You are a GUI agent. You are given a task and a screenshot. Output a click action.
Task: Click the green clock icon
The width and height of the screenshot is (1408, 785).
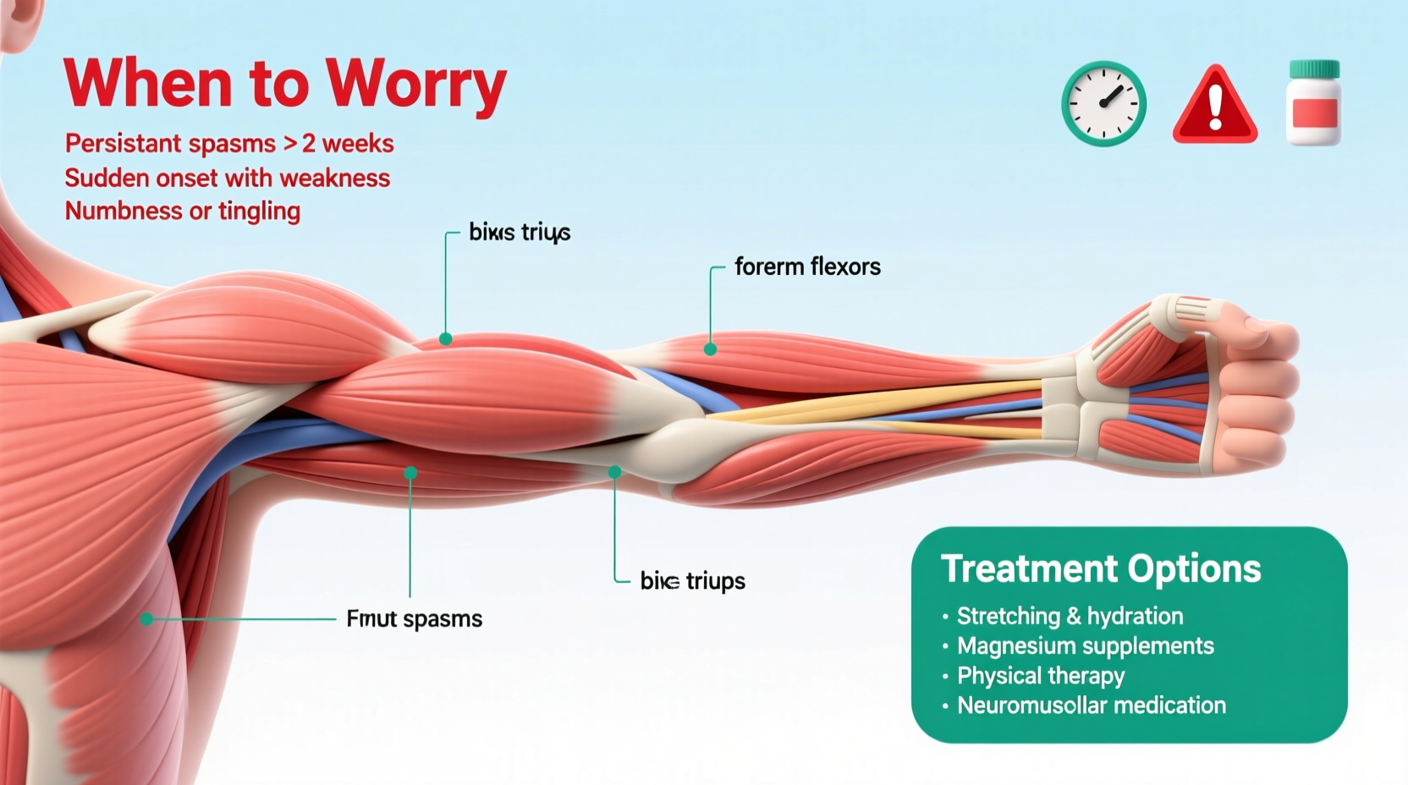(x=1103, y=103)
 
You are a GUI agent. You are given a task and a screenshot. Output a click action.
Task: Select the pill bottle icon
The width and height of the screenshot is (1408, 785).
(x=1313, y=103)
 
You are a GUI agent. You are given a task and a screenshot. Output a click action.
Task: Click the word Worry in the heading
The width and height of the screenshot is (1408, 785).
(x=415, y=85)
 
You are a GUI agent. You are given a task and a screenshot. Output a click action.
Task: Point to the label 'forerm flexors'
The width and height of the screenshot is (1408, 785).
(x=807, y=266)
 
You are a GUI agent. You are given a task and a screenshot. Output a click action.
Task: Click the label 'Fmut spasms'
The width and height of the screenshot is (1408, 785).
(x=414, y=619)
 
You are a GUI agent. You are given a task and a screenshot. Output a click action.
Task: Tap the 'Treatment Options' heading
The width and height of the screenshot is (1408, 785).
(x=1101, y=568)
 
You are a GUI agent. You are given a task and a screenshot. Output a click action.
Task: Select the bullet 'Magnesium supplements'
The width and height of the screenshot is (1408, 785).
(x=1085, y=646)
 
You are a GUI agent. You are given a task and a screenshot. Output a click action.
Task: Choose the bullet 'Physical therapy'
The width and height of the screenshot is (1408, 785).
(x=1041, y=676)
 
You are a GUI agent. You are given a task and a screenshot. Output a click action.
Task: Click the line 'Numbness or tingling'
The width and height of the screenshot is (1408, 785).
(x=183, y=211)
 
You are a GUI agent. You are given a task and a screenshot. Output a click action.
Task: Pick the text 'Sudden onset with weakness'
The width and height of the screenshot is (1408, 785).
(x=228, y=178)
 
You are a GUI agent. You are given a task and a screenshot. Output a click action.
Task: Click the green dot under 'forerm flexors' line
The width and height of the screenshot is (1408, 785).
(x=710, y=349)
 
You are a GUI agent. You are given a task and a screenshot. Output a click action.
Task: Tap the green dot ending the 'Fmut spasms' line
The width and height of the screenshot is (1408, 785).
(x=147, y=619)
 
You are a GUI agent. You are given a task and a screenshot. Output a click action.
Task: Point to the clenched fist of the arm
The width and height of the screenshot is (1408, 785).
(x=1252, y=389)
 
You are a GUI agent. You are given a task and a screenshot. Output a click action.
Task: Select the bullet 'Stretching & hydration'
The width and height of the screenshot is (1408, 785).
(x=1070, y=616)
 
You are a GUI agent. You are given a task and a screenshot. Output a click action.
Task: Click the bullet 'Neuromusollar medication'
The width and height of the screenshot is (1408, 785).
(x=1091, y=705)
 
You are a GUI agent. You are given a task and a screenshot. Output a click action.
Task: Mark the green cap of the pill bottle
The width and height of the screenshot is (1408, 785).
(x=1313, y=69)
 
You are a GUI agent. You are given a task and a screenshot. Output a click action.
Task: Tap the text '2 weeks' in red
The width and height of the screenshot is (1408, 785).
(x=348, y=144)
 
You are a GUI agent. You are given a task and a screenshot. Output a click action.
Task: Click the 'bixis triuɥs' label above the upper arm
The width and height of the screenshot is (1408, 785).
(x=520, y=233)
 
